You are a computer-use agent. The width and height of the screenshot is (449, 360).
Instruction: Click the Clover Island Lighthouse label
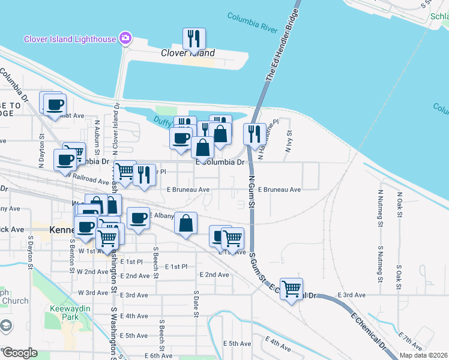click(70, 39)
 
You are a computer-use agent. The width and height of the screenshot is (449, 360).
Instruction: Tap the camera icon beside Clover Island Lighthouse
click(125, 38)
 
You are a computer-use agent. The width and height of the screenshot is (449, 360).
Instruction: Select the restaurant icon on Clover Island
click(194, 39)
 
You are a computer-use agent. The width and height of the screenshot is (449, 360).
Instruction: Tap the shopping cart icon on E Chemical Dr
click(291, 289)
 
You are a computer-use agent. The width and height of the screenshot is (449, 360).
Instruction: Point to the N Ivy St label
click(289, 142)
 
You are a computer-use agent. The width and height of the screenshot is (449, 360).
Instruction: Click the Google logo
click(20, 353)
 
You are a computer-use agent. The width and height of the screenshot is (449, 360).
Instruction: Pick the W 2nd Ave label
click(92, 272)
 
